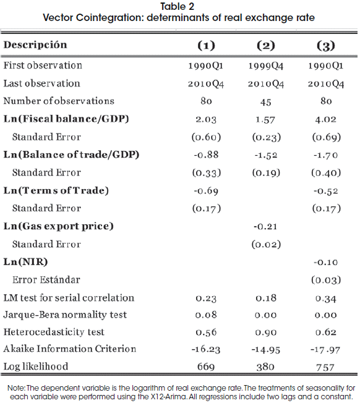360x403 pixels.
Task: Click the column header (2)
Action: (x=266, y=46)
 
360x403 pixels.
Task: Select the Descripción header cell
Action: (x=35, y=45)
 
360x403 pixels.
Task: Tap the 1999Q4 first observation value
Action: (x=265, y=66)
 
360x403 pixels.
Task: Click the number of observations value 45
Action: (x=265, y=102)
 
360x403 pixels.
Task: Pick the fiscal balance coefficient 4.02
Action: (x=326, y=119)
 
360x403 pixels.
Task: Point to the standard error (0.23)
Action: (x=266, y=137)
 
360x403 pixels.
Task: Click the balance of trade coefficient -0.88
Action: (x=206, y=155)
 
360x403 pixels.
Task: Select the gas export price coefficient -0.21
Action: (x=265, y=226)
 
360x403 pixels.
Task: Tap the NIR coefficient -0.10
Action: (x=325, y=262)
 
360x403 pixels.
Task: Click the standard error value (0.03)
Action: (x=326, y=280)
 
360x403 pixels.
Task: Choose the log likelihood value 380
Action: (x=265, y=367)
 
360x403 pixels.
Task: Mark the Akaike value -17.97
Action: (x=325, y=350)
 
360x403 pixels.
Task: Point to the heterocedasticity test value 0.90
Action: (x=266, y=333)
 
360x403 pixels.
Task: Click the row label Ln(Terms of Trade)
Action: (x=56, y=191)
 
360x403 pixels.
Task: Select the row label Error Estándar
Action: (x=46, y=279)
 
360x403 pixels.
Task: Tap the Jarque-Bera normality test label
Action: (x=65, y=315)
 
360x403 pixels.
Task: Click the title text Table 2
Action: (x=177, y=6)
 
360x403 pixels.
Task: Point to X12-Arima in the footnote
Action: (x=168, y=397)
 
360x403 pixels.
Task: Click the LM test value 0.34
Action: (x=326, y=299)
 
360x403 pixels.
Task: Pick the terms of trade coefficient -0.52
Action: (x=325, y=191)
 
